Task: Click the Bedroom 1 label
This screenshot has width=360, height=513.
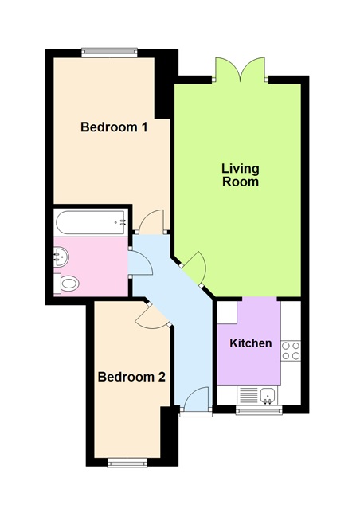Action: tap(114, 127)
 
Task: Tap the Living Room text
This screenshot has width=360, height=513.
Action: tap(240, 174)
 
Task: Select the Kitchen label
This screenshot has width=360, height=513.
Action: tap(251, 343)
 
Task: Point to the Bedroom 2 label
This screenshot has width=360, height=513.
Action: tap(131, 377)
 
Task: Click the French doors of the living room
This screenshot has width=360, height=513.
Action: tap(241, 70)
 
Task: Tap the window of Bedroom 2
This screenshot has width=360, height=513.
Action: tap(127, 462)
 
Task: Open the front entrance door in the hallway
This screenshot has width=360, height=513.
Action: tap(196, 401)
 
